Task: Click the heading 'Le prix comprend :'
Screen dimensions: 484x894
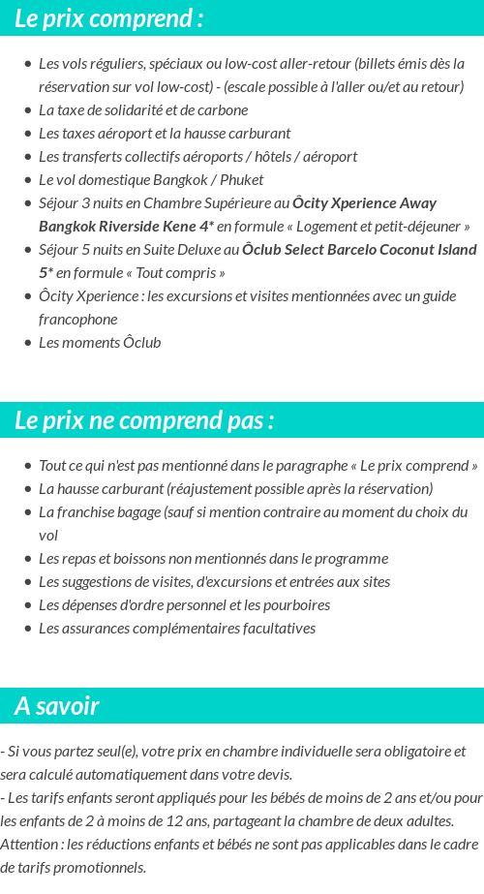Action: pos(109,18)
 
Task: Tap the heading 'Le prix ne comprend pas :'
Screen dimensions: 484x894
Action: pos(144,420)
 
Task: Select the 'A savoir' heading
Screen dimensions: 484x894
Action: pos(56,706)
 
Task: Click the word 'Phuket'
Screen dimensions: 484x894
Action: pos(242,180)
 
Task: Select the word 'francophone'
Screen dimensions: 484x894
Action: pos(77,320)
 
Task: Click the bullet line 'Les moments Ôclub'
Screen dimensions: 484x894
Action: pos(100,343)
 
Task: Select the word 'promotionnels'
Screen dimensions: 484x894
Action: pos(100,868)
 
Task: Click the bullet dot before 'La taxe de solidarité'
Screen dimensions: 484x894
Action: pos(27,110)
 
